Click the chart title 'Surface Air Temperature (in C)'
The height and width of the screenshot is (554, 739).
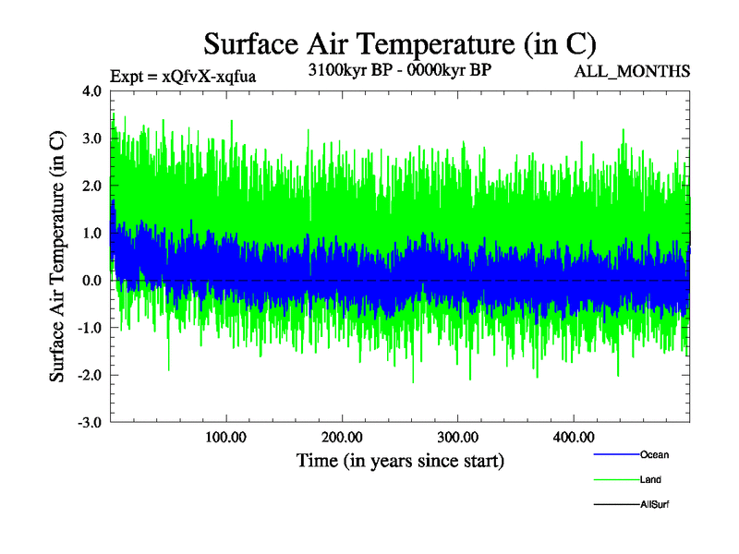click(399, 43)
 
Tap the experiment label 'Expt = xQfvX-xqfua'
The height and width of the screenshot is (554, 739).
click(182, 76)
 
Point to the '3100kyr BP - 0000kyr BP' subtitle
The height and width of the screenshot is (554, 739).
click(399, 69)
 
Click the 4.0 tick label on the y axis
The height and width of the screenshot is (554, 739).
click(92, 91)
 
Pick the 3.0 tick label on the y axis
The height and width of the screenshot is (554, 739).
click(92, 138)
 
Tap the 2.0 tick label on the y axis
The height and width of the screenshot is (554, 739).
click(92, 186)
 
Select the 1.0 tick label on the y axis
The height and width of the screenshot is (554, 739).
click(92, 233)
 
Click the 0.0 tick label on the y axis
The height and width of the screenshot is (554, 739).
click(92, 281)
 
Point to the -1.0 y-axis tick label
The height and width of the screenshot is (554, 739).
click(91, 328)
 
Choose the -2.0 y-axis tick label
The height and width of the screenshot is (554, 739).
click(91, 375)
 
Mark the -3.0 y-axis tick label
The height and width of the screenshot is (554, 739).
click(91, 422)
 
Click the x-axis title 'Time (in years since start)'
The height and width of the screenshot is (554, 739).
click(400, 459)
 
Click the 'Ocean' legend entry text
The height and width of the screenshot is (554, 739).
click(654, 455)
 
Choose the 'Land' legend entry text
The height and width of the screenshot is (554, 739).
click(650, 480)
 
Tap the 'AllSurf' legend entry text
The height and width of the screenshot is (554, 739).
click(654, 504)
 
